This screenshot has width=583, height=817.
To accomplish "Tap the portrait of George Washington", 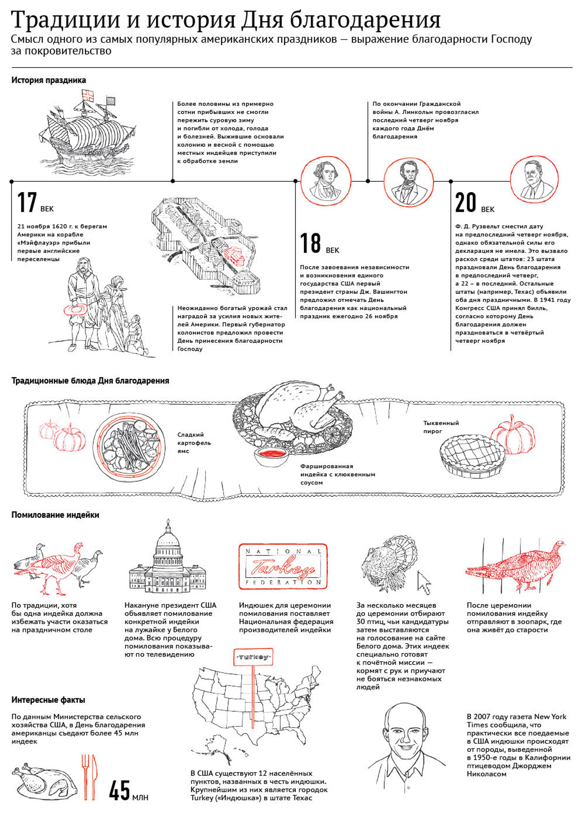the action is click(x=326, y=181).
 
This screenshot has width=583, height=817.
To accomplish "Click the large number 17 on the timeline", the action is click(x=27, y=202).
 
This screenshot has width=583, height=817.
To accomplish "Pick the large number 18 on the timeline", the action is click(x=310, y=243).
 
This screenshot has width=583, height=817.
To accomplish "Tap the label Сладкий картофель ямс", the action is click(x=194, y=443).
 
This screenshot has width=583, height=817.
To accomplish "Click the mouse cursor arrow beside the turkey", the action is click(x=424, y=582).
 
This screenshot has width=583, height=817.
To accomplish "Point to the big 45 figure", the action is click(x=120, y=790).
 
